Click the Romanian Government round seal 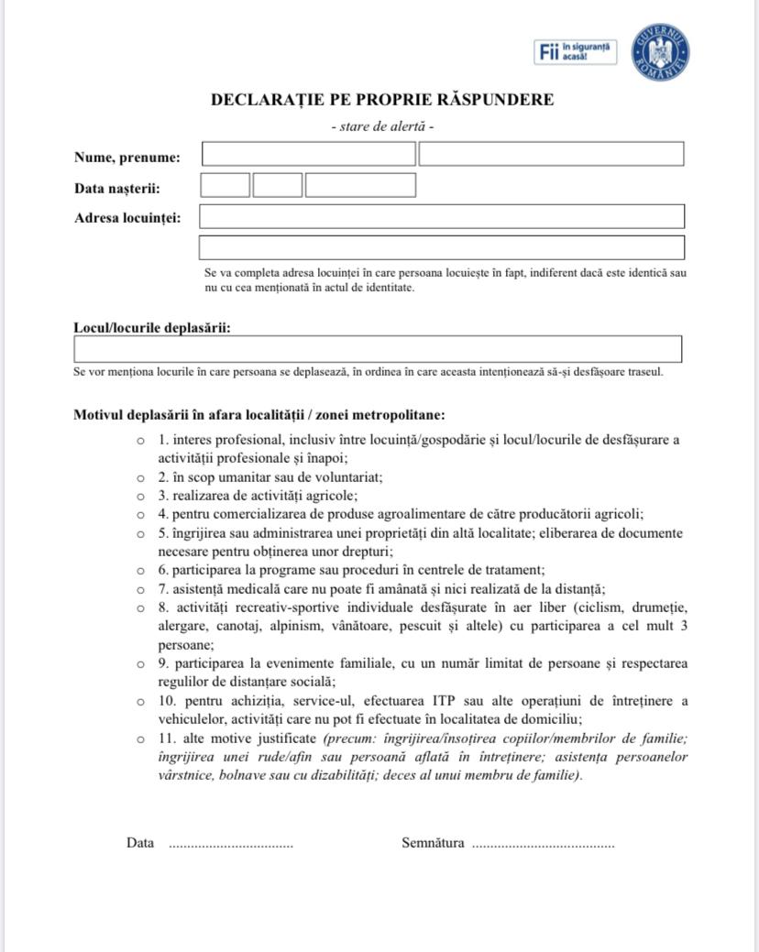point(660,51)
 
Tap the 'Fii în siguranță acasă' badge point(575,52)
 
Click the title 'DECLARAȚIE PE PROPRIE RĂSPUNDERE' point(382,100)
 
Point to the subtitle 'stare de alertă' point(382,126)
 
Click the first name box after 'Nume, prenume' point(308,154)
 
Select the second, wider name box point(551,154)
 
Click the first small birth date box point(225,185)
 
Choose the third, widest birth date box point(360,185)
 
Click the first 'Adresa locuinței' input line point(442,216)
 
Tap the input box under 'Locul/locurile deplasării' point(378,349)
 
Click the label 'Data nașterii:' point(117,189)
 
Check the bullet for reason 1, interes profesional point(140,440)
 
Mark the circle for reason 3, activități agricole point(140,496)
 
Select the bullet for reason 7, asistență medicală point(140,590)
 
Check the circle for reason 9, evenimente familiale point(140,663)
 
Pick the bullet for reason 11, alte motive point(140,739)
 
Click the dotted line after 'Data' point(231,845)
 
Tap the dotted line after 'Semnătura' point(543,845)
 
